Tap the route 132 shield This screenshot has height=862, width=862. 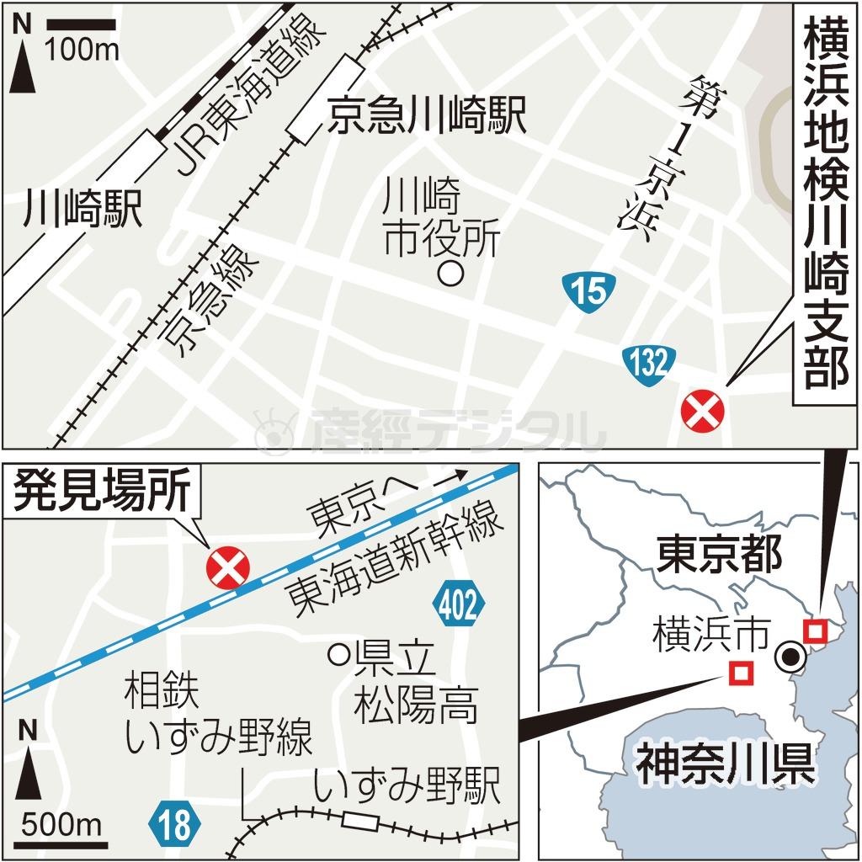click(650, 364)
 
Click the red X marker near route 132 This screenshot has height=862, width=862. click(702, 412)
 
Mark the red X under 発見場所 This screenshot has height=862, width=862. click(228, 567)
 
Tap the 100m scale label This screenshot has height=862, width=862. click(82, 50)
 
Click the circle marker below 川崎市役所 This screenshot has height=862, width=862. click(452, 274)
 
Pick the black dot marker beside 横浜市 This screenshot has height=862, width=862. click(790, 657)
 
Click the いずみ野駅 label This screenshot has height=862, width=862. click(407, 786)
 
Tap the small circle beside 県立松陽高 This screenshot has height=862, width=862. click(339, 653)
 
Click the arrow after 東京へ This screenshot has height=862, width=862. click(450, 477)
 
